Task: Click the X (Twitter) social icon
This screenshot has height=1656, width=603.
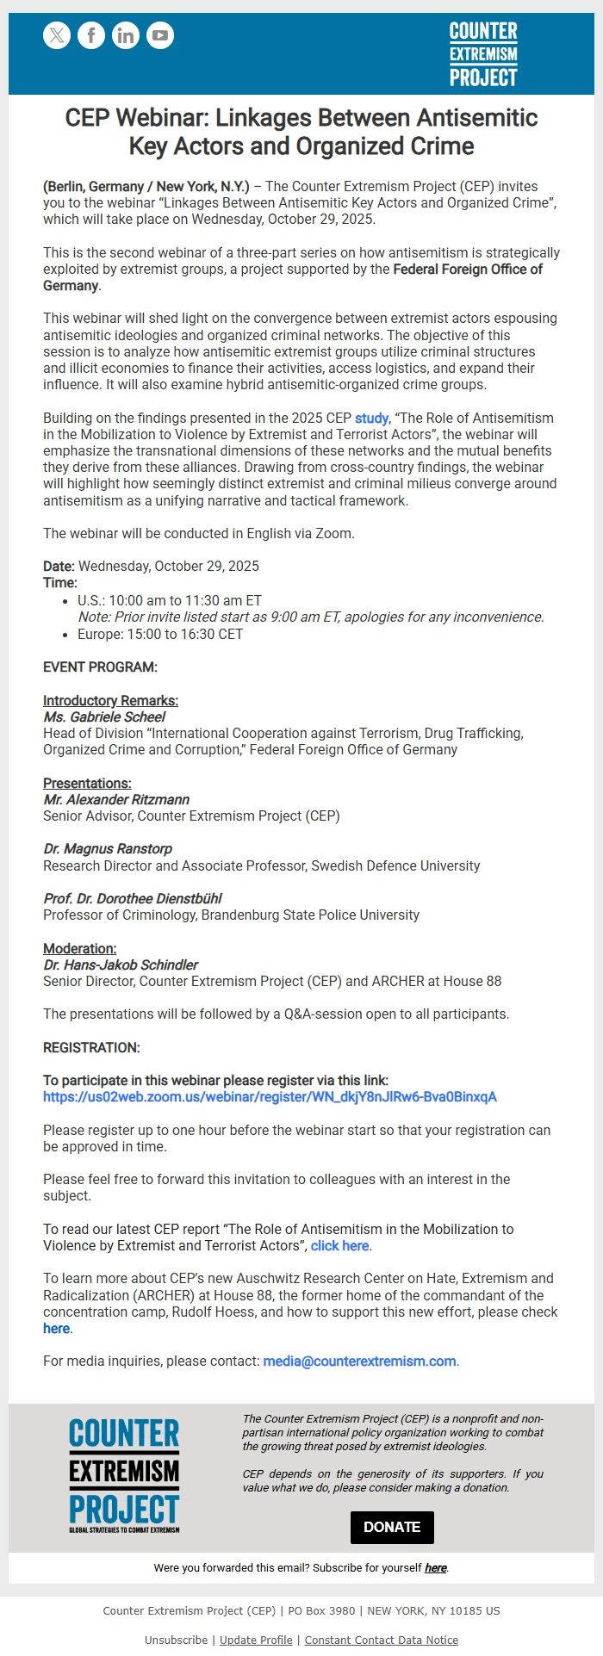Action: (57, 35)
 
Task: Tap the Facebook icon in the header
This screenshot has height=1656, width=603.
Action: (91, 35)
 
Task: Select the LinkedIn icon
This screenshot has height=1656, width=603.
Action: (126, 35)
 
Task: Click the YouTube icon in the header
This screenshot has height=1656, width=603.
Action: (160, 35)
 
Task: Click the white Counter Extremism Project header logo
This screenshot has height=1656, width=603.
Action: (483, 54)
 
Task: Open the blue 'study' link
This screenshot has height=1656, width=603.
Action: (371, 419)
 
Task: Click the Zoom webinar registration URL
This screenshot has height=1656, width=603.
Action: (270, 1097)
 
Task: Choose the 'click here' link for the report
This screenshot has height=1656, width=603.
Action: (340, 1246)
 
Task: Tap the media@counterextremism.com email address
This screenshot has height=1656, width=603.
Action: (359, 1361)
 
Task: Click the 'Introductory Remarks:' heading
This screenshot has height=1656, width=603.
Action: (110, 701)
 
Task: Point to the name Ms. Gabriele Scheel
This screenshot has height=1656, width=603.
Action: (104, 717)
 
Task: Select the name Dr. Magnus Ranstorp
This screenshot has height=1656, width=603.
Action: (108, 849)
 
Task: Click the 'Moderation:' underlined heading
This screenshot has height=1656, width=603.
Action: (79, 949)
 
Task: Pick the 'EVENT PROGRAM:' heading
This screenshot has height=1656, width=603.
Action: (100, 667)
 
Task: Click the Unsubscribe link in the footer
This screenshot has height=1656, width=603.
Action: (176, 1640)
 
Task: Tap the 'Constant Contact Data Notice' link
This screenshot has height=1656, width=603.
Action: (381, 1640)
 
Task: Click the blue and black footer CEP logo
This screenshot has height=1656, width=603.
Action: (124, 1476)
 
